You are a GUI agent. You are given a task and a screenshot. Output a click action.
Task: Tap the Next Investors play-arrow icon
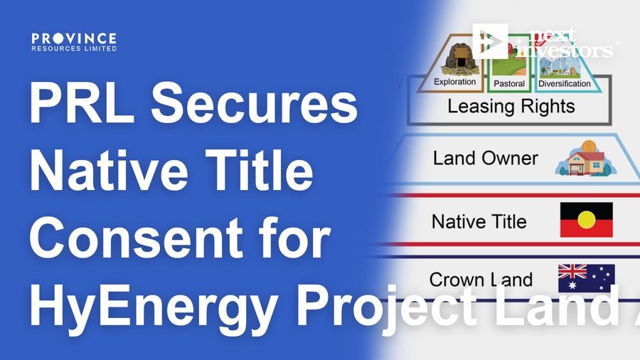pos(490,41)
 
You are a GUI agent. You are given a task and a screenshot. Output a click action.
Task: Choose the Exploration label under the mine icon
pos(455,83)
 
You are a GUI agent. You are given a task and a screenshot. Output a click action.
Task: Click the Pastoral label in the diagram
pos(509,84)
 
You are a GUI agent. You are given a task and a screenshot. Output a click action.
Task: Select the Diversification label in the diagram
pos(565,83)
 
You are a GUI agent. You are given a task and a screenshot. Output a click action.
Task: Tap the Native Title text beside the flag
pos(479,222)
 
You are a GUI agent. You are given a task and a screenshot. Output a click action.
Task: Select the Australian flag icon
pos(586,278)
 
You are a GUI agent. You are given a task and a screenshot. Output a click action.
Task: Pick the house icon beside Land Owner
pos(582,158)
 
